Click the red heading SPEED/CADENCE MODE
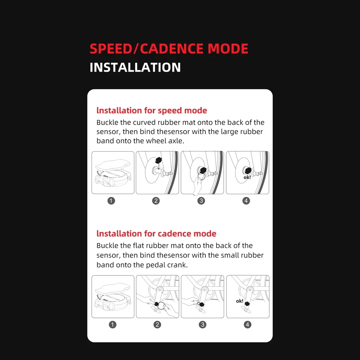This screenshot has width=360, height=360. click(169, 49)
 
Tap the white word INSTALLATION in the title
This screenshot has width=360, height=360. click(135, 67)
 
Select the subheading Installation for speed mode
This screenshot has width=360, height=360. click(152, 110)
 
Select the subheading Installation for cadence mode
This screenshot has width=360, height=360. click(156, 234)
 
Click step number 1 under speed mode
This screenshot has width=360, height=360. click(111, 201)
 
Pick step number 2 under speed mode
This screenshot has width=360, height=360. click(156, 201)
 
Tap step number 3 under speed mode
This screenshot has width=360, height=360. click(201, 201)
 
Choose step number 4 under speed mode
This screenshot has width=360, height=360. click(246, 201)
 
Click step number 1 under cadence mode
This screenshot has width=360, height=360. click(113, 325)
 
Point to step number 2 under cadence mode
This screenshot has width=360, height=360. click(157, 325)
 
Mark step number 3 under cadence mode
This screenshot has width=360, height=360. click(203, 325)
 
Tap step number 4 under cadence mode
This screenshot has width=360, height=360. click(247, 325)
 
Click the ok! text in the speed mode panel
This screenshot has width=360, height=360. click(247, 177)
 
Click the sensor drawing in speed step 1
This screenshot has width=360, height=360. click(113, 174)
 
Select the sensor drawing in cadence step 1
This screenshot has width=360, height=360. click(113, 298)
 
